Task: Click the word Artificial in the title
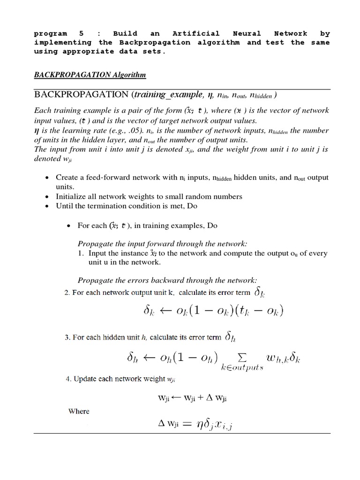(196, 34)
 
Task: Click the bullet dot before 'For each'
(69, 226)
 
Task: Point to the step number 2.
(66, 293)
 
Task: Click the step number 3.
(66, 336)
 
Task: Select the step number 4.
(66, 379)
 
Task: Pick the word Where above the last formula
(79, 411)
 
